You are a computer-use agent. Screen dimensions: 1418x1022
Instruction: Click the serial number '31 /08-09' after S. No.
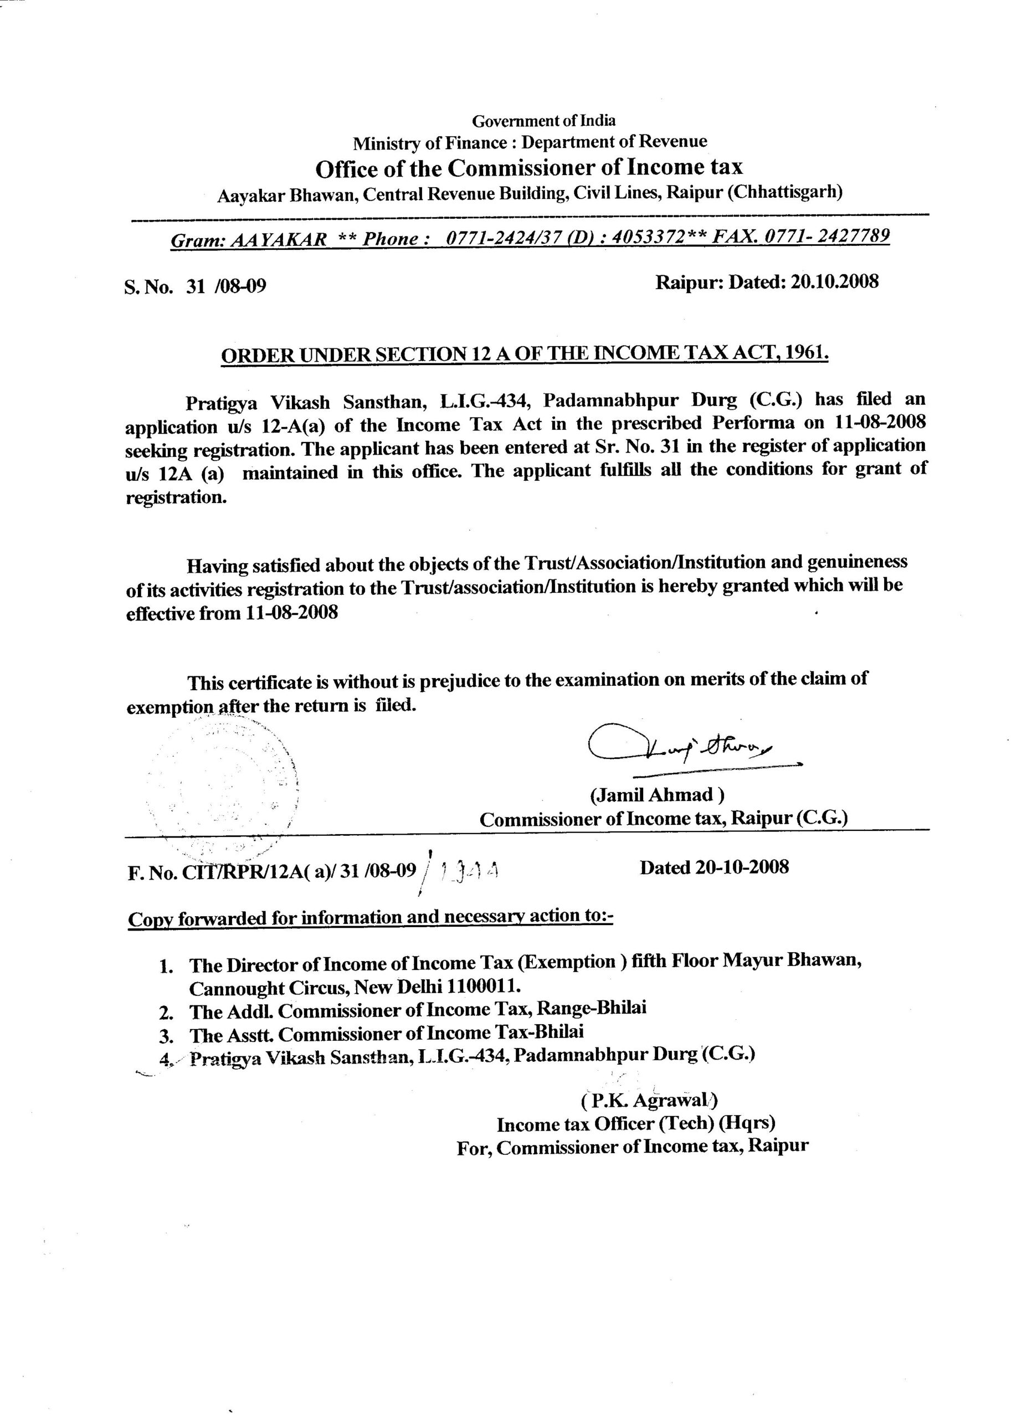coord(225,286)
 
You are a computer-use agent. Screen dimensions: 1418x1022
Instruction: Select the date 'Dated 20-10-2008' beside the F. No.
coord(714,867)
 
